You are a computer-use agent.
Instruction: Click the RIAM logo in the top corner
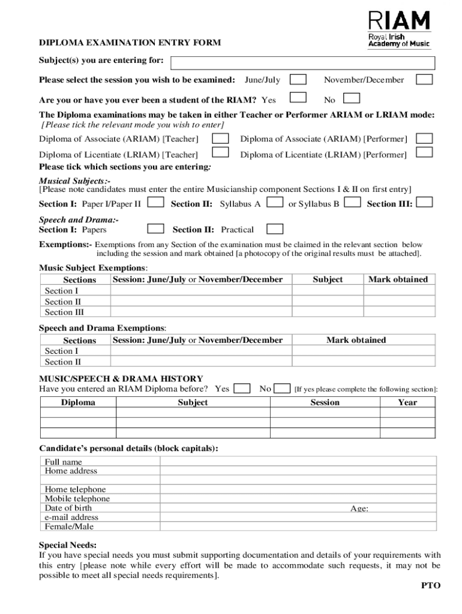click(x=398, y=29)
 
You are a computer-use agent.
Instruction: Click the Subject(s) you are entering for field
click(x=302, y=62)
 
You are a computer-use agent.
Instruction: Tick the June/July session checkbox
click(x=298, y=80)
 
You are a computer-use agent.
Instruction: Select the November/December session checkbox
click(x=424, y=80)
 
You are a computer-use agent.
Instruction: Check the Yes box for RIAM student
click(x=298, y=98)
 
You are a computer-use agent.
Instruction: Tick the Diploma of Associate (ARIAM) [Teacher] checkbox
click(x=221, y=138)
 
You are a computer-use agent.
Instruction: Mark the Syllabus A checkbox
click(x=275, y=203)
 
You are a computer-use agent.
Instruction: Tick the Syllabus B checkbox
click(x=353, y=203)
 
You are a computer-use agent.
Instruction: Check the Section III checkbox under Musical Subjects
click(x=424, y=203)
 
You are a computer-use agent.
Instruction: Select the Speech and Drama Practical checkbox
click(x=275, y=228)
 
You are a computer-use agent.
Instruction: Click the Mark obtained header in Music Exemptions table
click(x=398, y=279)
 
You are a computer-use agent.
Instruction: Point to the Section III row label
click(x=64, y=312)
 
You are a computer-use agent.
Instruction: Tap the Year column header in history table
click(x=407, y=402)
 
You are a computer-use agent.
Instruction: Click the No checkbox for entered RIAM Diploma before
click(x=281, y=389)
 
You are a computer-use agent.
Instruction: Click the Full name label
click(x=63, y=462)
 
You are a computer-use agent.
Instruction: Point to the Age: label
click(x=359, y=508)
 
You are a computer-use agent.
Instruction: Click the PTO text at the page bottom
click(x=430, y=585)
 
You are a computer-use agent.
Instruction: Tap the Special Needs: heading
click(x=67, y=545)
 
